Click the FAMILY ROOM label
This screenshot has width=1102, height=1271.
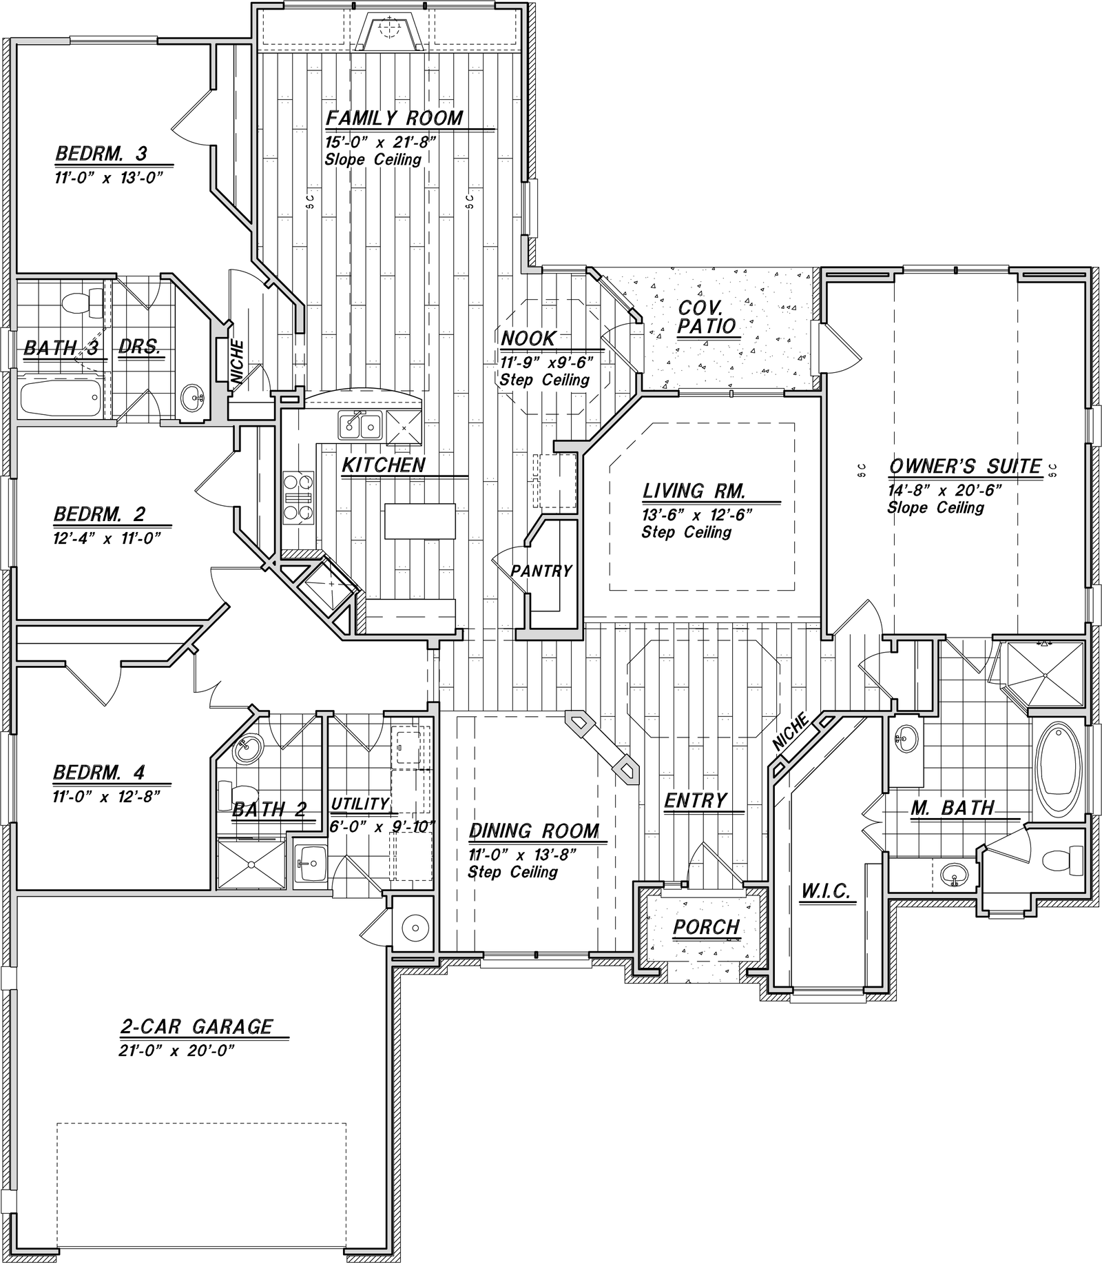pos(394,118)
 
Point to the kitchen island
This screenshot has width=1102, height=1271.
pos(420,521)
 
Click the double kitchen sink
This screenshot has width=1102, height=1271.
pos(360,425)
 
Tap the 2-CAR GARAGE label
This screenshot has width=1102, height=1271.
pos(196,1027)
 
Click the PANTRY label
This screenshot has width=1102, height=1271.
pos(541,571)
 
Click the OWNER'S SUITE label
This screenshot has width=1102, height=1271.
pos(965,467)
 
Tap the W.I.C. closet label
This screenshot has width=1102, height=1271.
pos(826,891)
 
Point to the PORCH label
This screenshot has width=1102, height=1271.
pos(706,927)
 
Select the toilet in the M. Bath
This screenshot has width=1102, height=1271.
pos(1059,860)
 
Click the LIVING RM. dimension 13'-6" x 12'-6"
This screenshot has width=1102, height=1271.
pos(696,515)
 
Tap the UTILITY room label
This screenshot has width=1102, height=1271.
pos(360,804)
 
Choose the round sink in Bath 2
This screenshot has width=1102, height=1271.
pos(247,749)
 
